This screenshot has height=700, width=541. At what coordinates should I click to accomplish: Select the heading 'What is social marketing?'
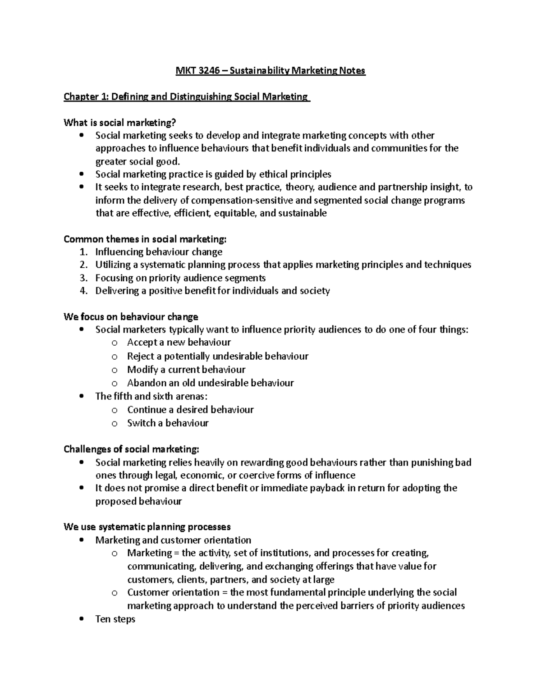tap(119, 123)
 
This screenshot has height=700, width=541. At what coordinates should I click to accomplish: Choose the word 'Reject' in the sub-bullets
tap(141, 357)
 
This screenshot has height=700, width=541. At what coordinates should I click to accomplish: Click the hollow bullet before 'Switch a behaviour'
tap(115, 424)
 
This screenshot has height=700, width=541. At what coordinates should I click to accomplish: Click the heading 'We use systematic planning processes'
tap(147, 527)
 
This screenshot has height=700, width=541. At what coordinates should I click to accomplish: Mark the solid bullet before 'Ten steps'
tap(81, 619)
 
